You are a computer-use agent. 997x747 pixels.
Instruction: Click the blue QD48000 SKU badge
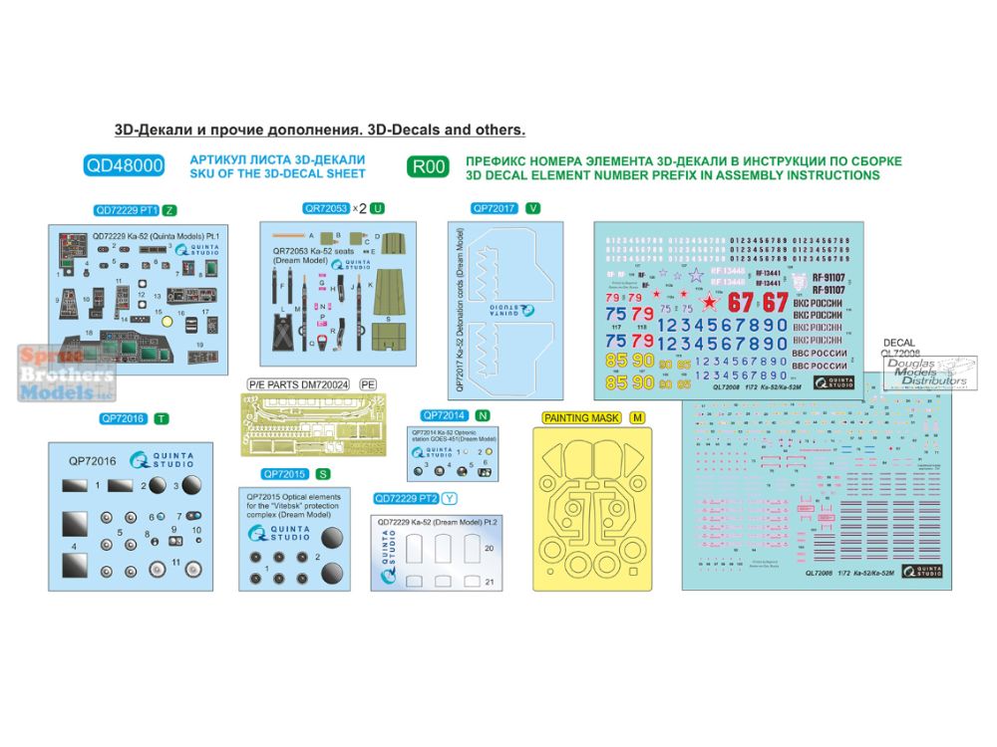pyautogui.click(x=125, y=166)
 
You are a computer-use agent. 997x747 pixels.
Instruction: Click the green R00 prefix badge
pyautogui.click(x=427, y=166)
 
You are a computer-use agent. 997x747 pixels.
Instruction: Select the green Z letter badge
pyautogui.click(x=169, y=210)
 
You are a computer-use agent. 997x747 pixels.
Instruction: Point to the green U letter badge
pyautogui.click(x=376, y=208)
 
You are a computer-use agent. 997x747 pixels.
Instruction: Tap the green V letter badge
pyautogui.click(x=532, y=208)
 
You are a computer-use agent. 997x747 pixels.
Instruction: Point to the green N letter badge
pyautogui.click(x=483, y=414)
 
